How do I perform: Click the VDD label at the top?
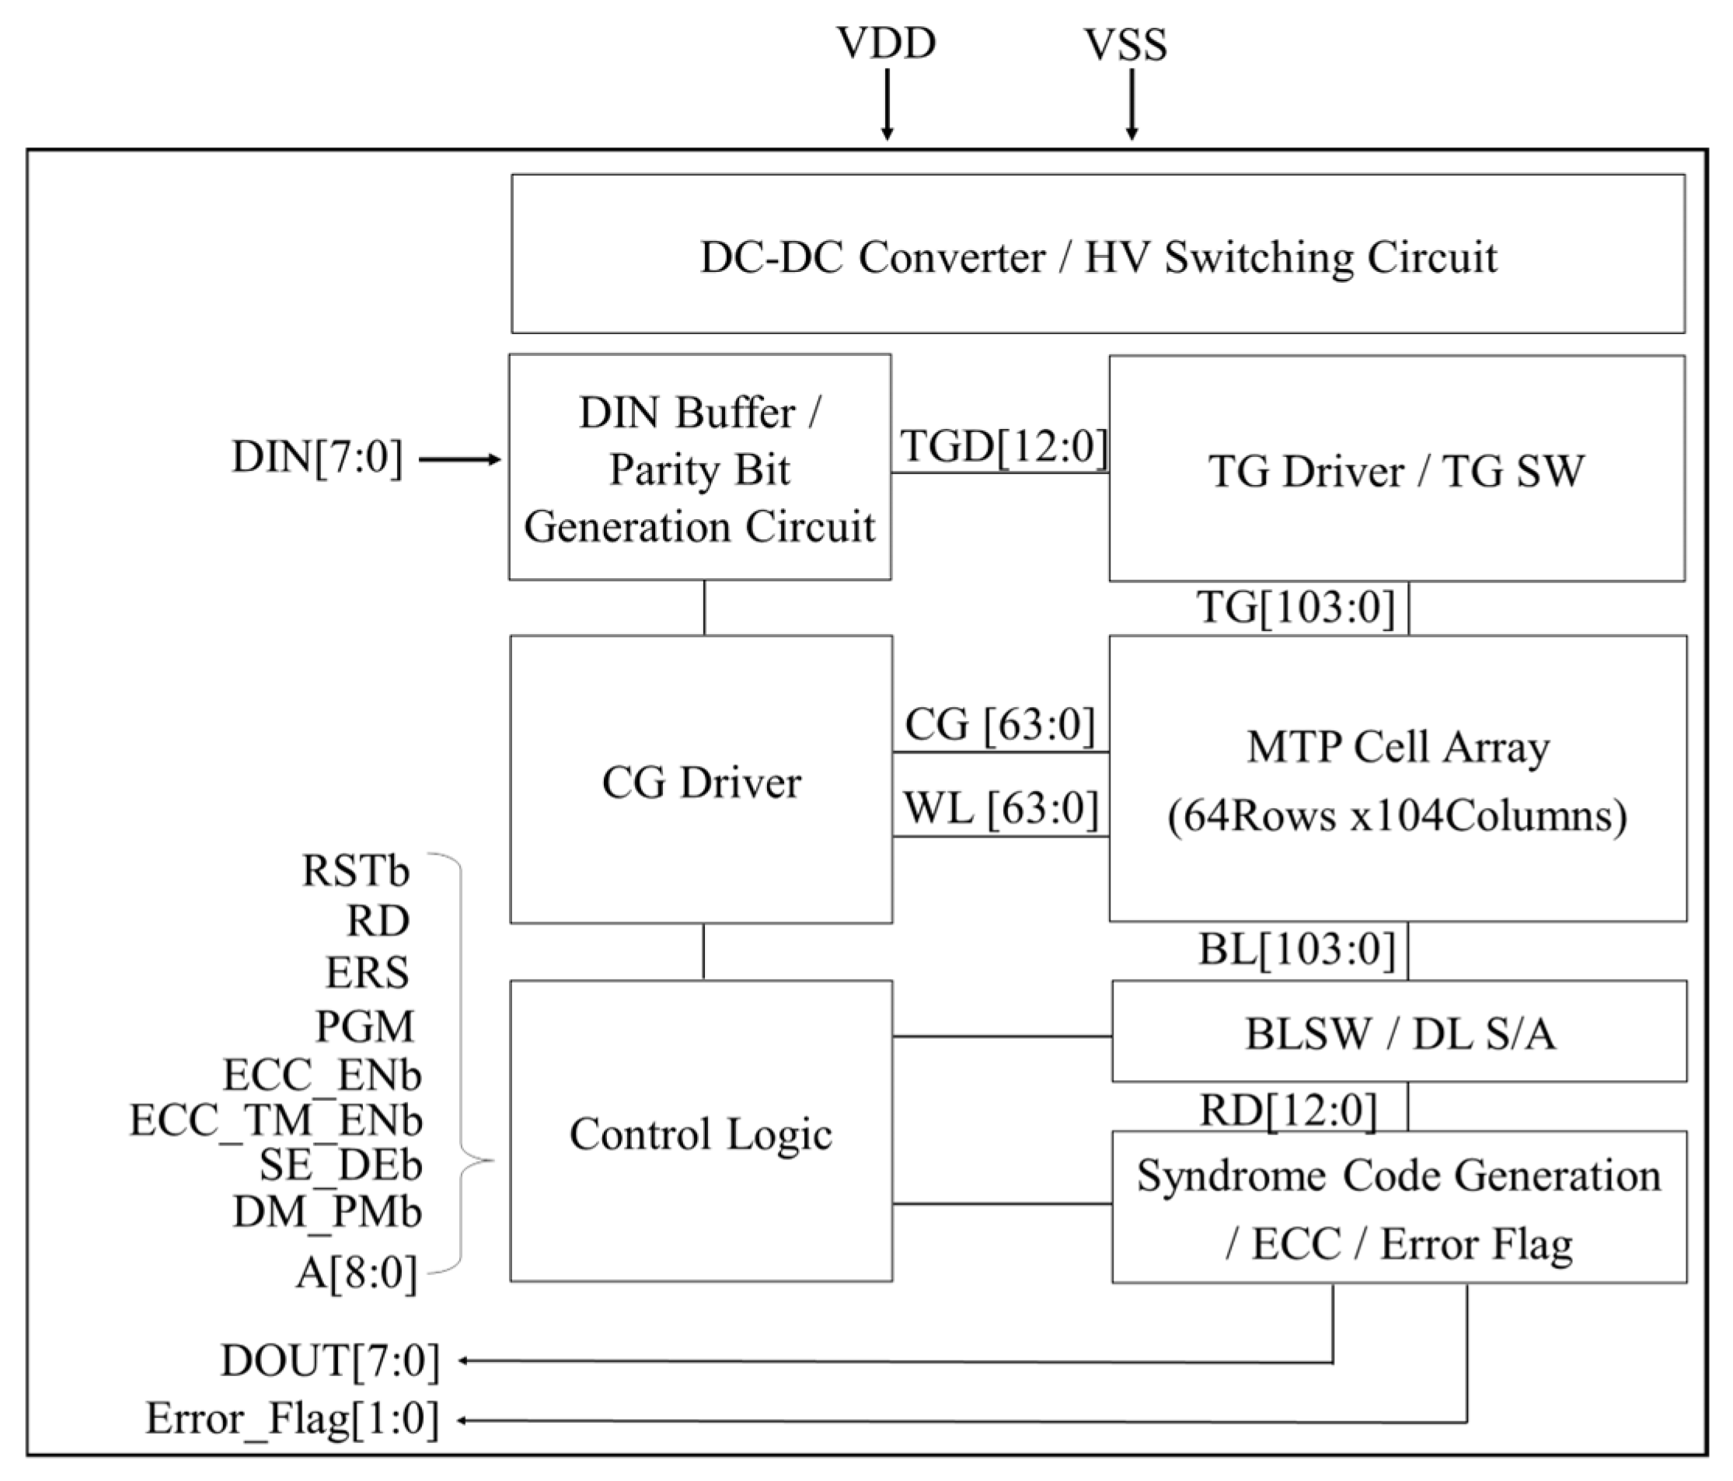click(886, 44)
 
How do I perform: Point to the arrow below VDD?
click(887, 105)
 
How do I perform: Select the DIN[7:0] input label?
click(317, 458)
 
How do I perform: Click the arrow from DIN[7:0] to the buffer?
click(459, 459)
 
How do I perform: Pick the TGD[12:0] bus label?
click(1002, 446)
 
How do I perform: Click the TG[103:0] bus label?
click(1296, 607)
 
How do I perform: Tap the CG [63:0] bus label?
click(999, 723)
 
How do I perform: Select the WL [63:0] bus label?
click(1000, 809)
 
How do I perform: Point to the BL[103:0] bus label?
click(1297, 950)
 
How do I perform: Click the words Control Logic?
click(701, 1134)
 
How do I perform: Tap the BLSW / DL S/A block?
click(1400, 1034)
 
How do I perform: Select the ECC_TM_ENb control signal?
click(276, 1120)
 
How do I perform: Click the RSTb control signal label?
click(355, 871)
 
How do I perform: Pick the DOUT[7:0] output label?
click(330, 1361)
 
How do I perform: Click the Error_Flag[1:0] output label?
click(293, 1418)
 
